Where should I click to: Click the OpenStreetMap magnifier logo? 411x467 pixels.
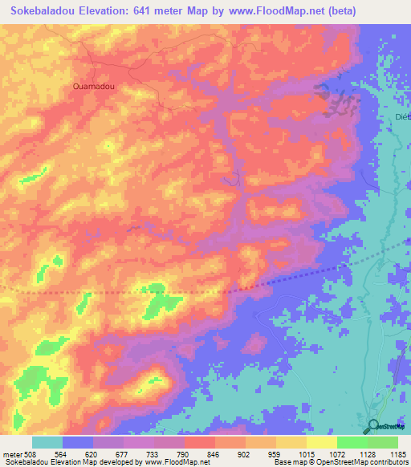point(374,426)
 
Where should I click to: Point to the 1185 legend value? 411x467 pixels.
point(398,454)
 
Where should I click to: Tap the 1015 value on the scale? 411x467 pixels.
point(306,454)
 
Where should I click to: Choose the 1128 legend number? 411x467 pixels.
point(367,454)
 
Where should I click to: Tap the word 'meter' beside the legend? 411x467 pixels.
point(12,454)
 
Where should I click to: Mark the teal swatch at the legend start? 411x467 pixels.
point(47,442)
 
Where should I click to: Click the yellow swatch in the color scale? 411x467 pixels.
point(321,442)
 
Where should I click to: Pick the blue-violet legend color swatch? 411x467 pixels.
point(77,442)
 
